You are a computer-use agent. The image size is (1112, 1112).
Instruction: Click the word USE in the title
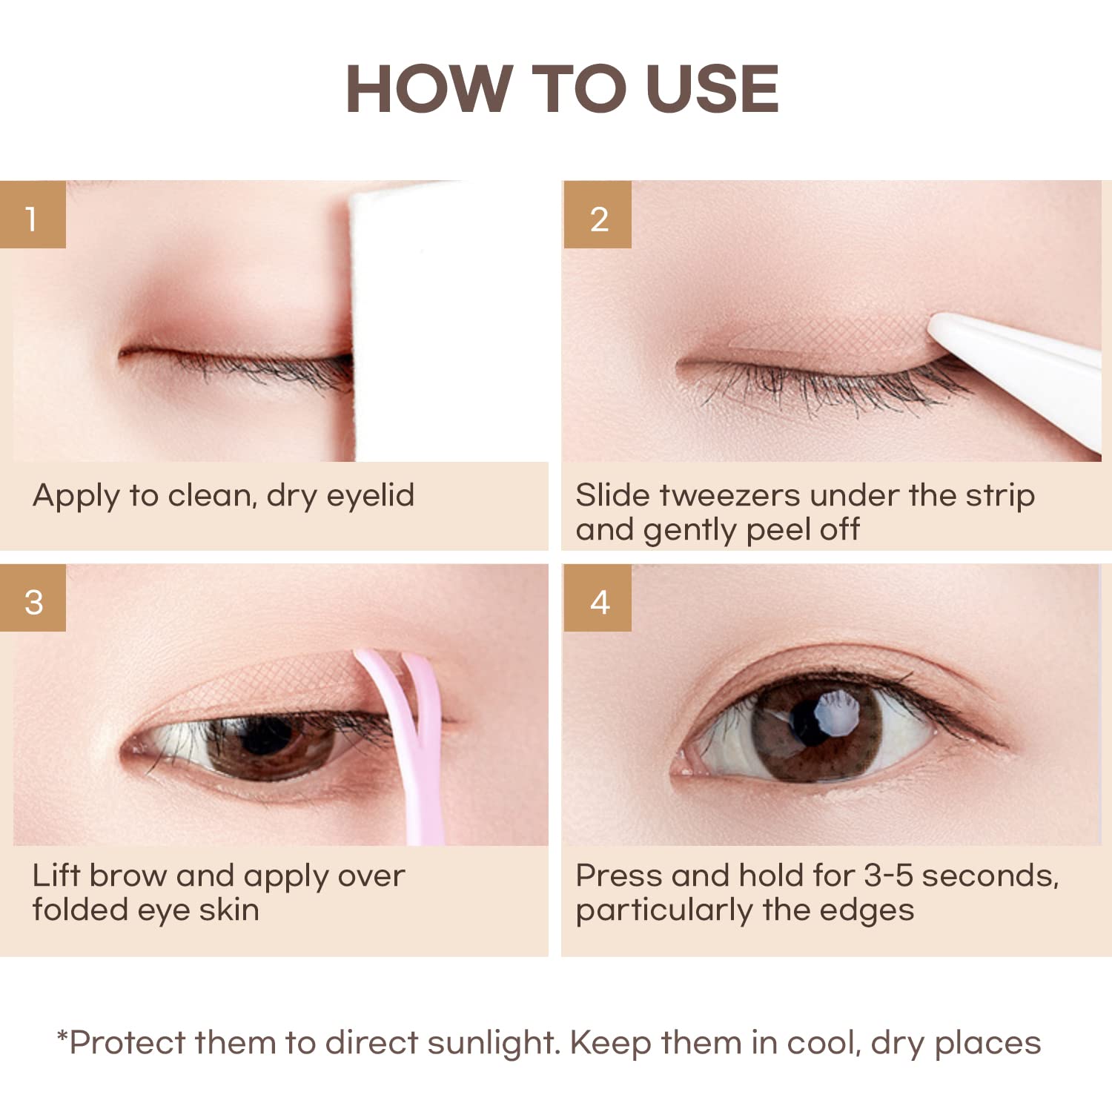(x=712, y=90)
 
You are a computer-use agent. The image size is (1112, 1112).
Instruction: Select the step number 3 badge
(x=33, y=601)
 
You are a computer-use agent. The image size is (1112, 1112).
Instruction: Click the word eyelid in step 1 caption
(x=370, y=495)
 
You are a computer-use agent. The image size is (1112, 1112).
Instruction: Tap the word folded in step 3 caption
(x=79, y=910)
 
